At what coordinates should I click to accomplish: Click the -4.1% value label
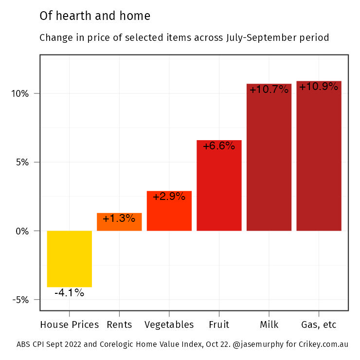(x=69, y=293)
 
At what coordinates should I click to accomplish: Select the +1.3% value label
(x=119, y=218)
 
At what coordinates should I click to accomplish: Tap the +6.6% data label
(x=219, y=146)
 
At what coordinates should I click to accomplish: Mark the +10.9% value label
(x=319, y=87)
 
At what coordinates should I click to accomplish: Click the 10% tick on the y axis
(x=20, y=93)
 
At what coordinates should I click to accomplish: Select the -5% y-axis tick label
(x=21, y=300)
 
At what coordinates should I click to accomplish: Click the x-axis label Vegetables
(x=169, y=324)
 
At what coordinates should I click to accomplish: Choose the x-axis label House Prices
(x=69, y=324)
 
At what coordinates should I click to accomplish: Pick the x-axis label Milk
(x=269, y=324)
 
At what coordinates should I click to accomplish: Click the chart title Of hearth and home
(x=95, y=16)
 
